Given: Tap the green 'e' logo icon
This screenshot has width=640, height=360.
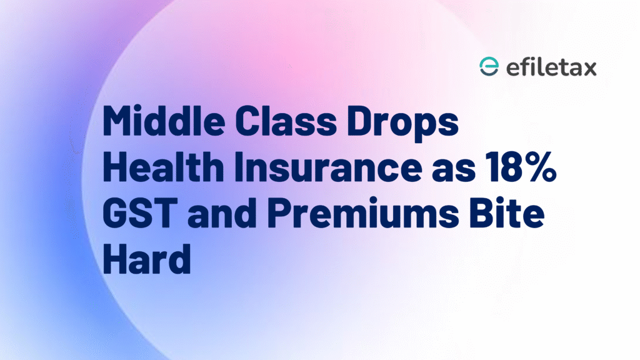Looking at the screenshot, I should [x=488, y=67].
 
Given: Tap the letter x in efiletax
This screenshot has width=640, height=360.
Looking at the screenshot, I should [x=589, y=68].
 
